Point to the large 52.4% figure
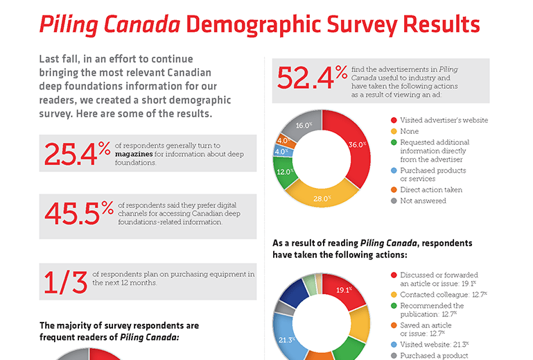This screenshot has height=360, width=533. (313, 77)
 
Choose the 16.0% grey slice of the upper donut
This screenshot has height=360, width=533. (303, 126)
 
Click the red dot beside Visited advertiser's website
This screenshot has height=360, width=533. (393, 120)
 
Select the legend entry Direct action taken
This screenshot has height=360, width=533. (430, 189)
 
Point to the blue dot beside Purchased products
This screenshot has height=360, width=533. (393, 170)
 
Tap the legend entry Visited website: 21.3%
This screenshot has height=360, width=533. (435, 345)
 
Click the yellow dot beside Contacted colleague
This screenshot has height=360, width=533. (393, 295)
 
